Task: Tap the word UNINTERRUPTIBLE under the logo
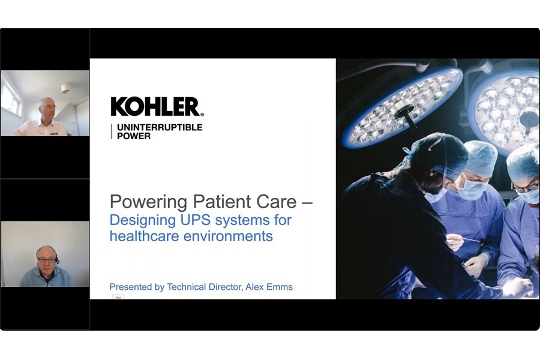[x=160, y=127]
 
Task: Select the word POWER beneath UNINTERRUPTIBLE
[x=134, y=136]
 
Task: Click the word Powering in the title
[x=148, y=202]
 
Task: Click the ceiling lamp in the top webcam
[x=65, y=89]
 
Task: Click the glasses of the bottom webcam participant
[x=46, y=260]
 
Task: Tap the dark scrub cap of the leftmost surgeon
[x=437, y=154]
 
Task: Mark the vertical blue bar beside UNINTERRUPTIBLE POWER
[x=112, y=132]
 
